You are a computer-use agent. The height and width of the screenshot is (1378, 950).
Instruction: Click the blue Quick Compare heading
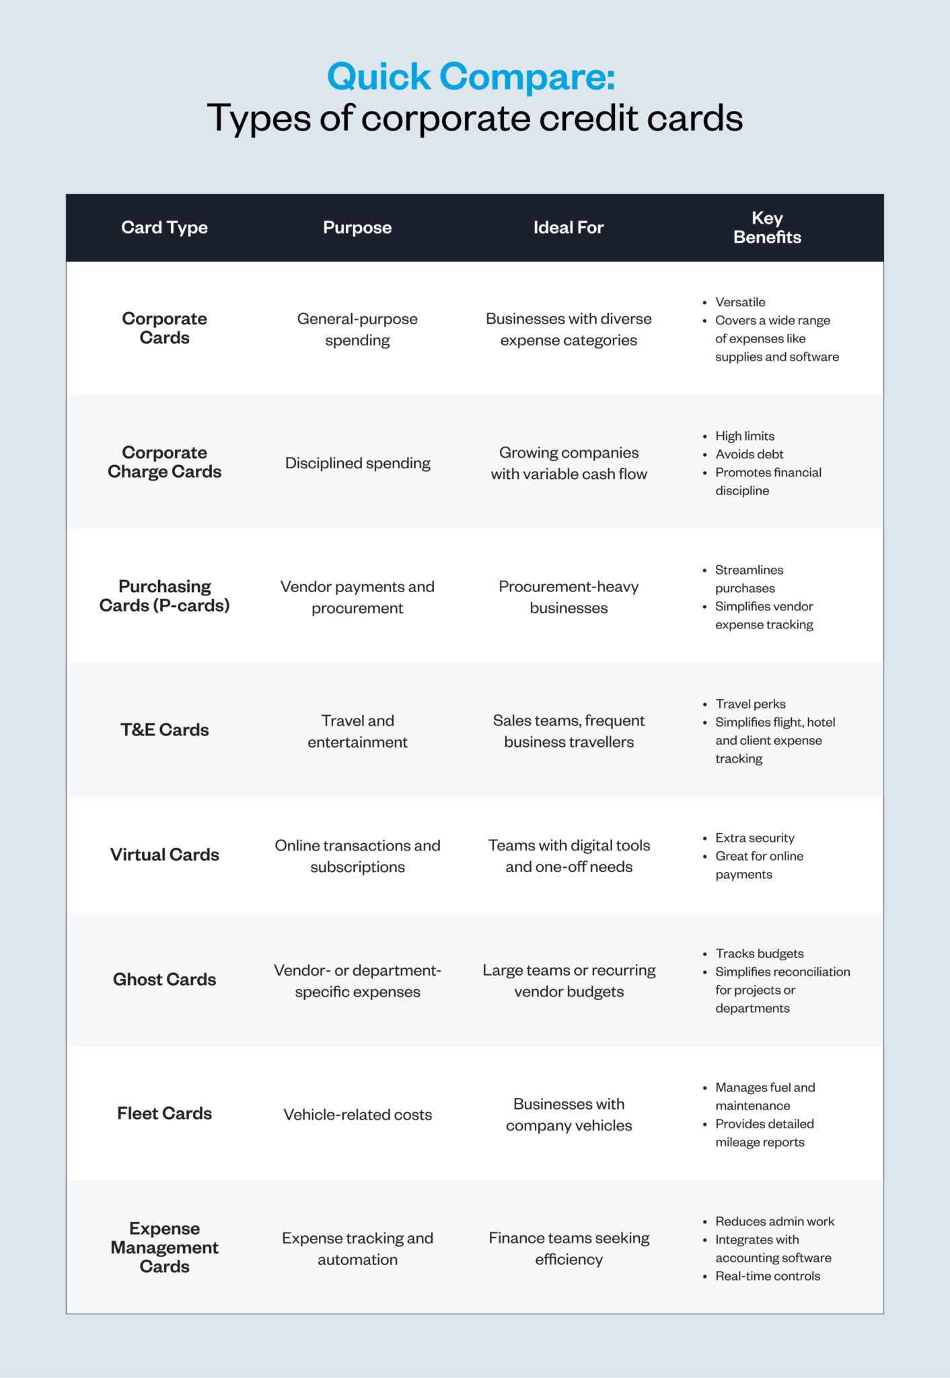tap(471, 76)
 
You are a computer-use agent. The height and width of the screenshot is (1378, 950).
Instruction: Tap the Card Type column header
tap(164, 227)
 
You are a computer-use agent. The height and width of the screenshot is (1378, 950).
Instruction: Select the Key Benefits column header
tap(767, 227)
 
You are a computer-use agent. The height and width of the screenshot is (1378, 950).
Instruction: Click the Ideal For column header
tap(569, 227)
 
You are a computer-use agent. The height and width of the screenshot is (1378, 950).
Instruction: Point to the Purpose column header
tap(357, 227)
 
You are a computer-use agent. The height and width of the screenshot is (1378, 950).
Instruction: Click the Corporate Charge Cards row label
tap(164, 462)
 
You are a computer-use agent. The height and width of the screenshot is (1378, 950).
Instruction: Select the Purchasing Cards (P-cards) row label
tap(164, 596)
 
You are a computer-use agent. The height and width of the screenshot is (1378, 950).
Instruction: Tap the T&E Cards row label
tap(164, 730)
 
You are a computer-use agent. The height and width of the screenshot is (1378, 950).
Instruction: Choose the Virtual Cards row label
tap(164, 855)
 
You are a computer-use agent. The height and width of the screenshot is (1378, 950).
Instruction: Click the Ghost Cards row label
tap(164, 980)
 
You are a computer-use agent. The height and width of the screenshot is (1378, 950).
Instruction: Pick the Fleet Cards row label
tap(164, 1114)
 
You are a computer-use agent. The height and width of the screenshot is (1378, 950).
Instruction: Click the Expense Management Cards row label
tap(164, 1247)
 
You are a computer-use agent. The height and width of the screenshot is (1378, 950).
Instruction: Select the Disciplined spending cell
tap(357, 463)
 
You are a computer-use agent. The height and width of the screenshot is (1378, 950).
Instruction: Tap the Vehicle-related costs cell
tap(357, 1115)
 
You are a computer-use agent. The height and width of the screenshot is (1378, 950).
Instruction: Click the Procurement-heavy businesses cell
tap(569, 597)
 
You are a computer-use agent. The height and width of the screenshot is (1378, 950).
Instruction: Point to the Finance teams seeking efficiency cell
tap(569, 1249)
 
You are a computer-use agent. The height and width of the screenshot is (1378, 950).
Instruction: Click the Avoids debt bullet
tap(749, 454)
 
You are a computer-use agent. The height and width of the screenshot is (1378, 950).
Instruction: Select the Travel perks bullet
tap(750, 704)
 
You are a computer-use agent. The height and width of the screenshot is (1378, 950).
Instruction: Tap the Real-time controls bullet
tap(768, 1276)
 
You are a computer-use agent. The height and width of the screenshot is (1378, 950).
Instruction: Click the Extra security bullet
tap(754, 838)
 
